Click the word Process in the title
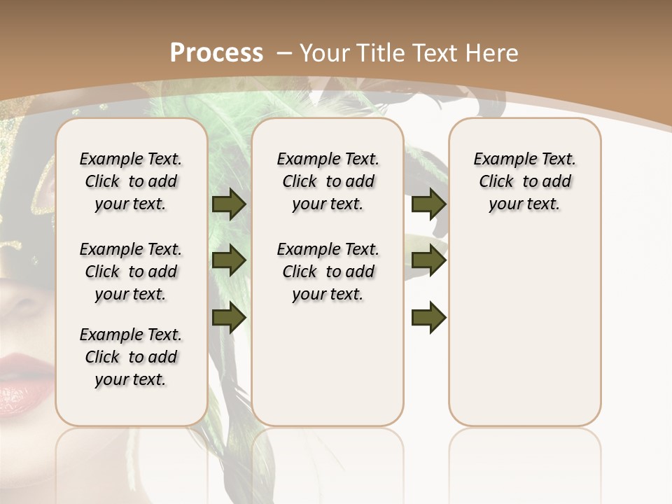[216, 52]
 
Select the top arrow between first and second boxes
[229, 204]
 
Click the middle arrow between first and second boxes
[229, 261]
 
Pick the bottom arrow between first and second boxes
[229, 318]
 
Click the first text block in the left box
[131, 181]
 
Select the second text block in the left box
[131, 272]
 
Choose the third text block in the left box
[131, 357]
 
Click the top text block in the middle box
[328, 181]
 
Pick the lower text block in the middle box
[328, 272]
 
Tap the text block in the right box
[525, 181]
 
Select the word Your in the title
[323, 52]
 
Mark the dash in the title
[284, 52]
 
